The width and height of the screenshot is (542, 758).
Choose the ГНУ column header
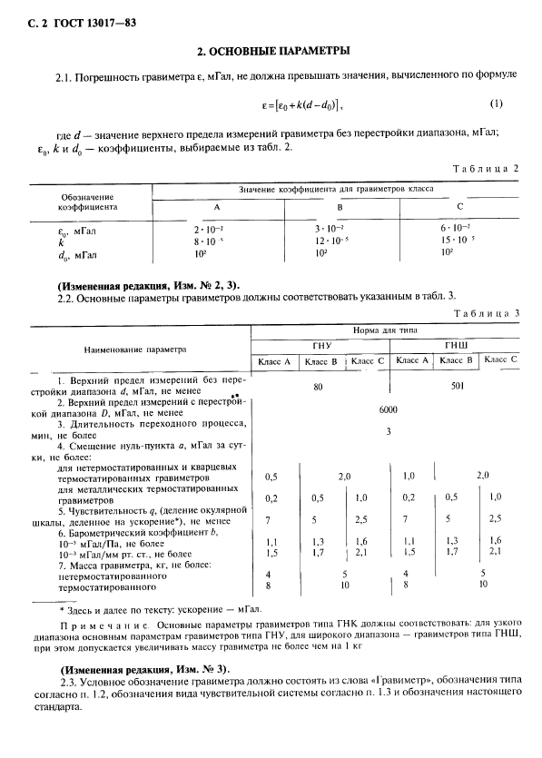tap(321, 346)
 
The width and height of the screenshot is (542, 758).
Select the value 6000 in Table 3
tap(389, 409)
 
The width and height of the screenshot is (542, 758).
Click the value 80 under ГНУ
tap(319, 386)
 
